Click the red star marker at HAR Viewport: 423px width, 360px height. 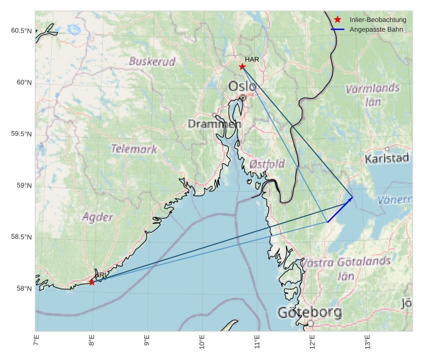(242, 66)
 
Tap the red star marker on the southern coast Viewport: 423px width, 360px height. (92, 282)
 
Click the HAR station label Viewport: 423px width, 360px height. (252, 59)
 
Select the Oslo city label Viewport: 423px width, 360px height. (242, 86)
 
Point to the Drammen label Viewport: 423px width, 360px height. (214, 124)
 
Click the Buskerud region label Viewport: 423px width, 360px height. (152, 62)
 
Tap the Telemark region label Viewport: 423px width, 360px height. (134, 149)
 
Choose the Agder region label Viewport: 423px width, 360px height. (97, 217)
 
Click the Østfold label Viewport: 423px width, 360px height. (267, 164)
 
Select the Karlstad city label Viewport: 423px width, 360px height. (387, 159)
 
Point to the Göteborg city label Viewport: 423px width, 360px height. (310, 313)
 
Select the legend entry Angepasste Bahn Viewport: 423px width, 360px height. (376, 29)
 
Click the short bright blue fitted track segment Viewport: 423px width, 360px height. (340, 210)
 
